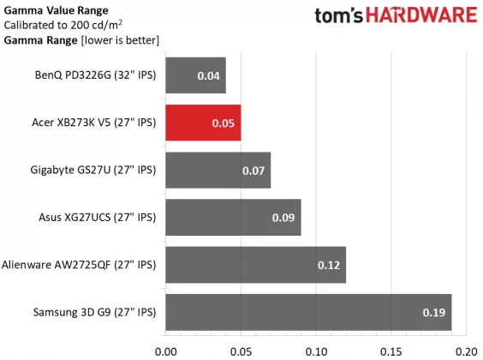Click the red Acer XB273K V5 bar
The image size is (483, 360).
tap(202, 123)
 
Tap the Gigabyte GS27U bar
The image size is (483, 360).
tap(218, 170)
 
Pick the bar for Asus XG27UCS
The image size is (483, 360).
tap(231, 217)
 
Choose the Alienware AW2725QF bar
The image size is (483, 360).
tap(254, 264)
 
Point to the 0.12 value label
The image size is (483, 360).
tap(329, 265)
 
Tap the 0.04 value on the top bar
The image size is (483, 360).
tap(208, 76)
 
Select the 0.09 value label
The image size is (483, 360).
tap(283, 218)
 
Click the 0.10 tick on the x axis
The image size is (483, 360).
tap(316, 350)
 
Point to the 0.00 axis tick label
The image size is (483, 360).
tap(165, 350)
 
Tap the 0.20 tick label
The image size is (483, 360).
tap(465, 350)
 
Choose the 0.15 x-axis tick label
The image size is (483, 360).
tap(391, 350)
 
